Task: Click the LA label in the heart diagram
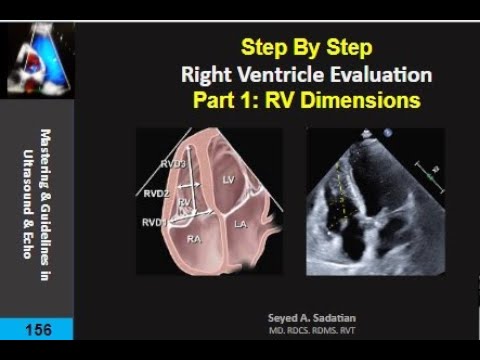[240, 228]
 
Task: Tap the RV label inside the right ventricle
[185, 202]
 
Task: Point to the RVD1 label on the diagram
[154, 220]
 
